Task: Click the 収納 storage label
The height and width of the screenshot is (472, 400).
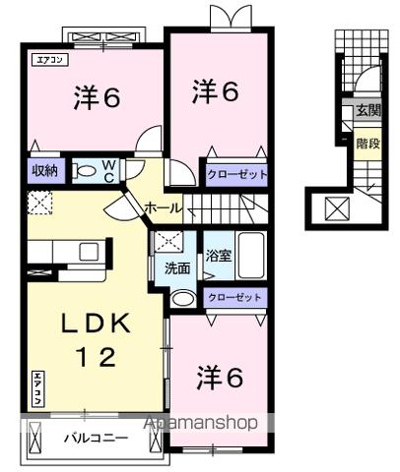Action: coord(44,171)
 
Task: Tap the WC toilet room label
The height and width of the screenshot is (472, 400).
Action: coord(108,170)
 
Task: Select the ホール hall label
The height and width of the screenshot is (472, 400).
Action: coord(163,207)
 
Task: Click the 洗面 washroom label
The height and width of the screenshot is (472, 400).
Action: coord(177,266)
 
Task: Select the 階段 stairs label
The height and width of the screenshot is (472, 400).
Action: coord(367,142)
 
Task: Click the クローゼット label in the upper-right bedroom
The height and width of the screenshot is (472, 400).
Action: coord(235,175)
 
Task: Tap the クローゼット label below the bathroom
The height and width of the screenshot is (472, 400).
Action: coord(235,297)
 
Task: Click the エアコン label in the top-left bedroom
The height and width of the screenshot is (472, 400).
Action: coord(47,60)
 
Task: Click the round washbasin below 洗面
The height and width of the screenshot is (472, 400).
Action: coord(182,298)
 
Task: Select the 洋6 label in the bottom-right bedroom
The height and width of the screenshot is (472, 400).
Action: coord(220,377)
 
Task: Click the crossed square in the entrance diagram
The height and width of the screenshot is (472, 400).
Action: coord(336,208)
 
